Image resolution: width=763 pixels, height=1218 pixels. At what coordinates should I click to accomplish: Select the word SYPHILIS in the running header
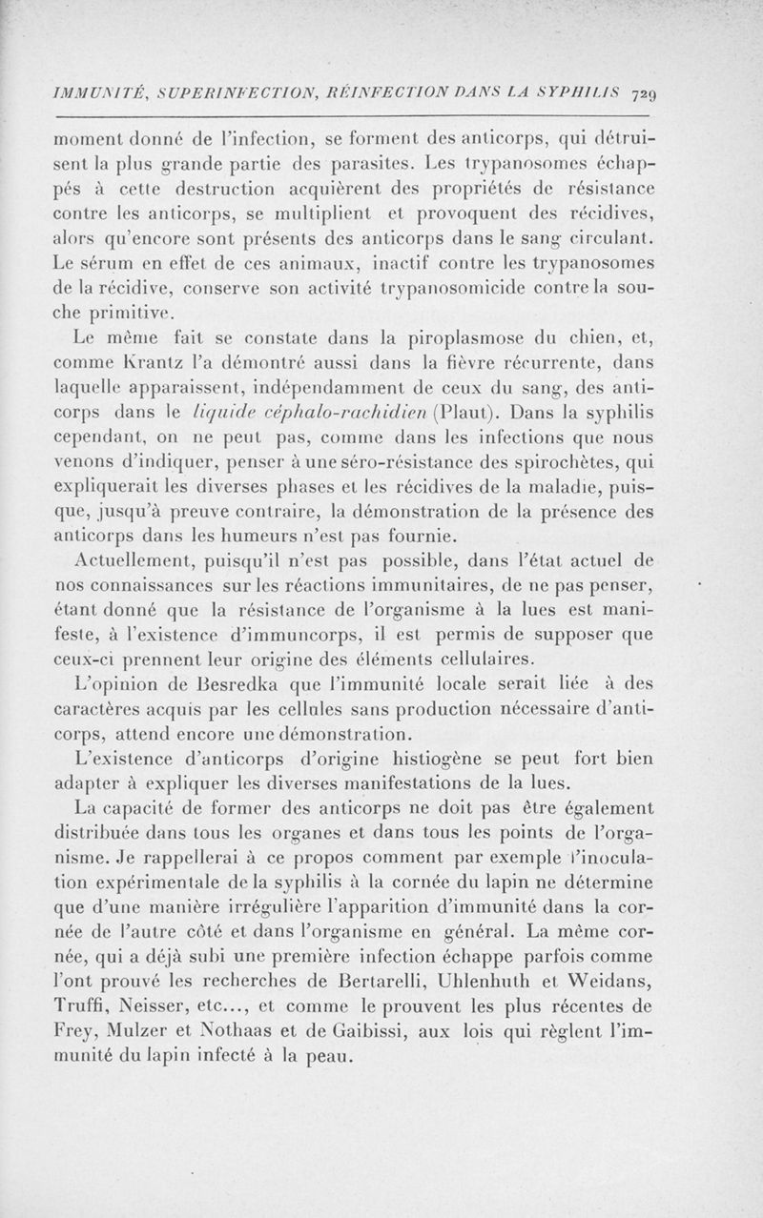pyautogui.click(x=574, y=92)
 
